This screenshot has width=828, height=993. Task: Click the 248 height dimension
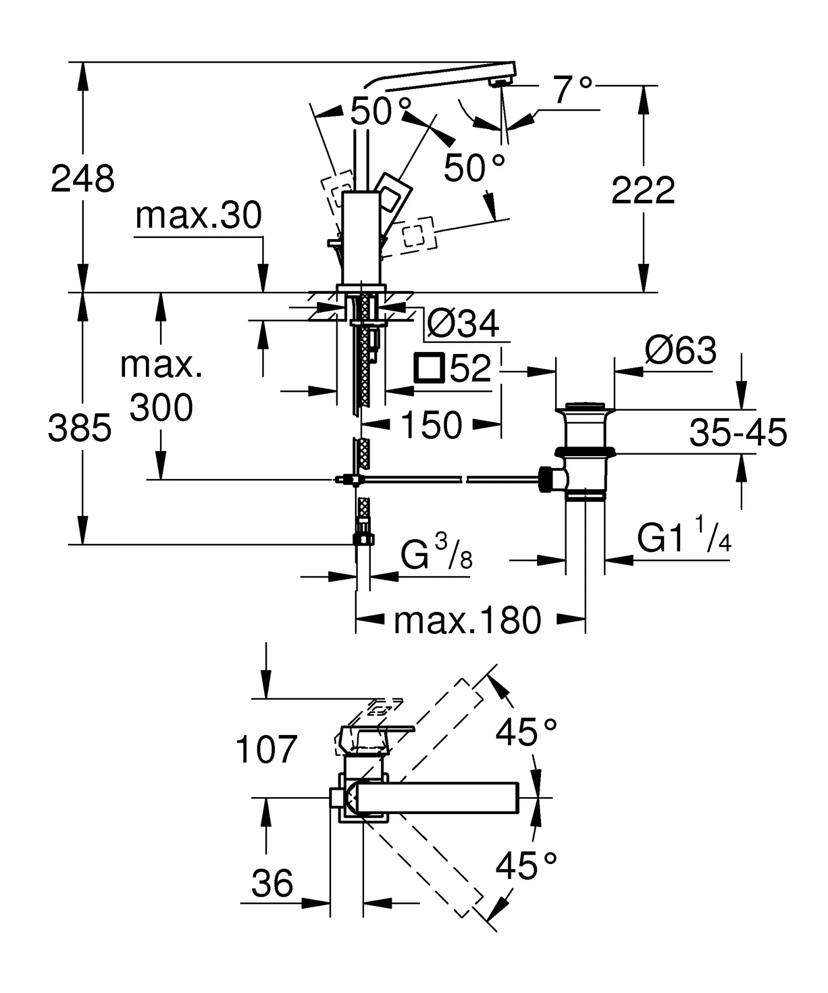(x=82, y=179)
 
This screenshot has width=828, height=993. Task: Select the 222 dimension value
(x=643, y=191)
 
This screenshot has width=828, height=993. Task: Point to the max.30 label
(x=198, y=216)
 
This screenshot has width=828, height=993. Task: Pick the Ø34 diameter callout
(x=463, y=324)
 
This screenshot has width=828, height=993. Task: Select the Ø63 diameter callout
(x=681, y=351)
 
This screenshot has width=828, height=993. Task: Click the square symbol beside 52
(x=429, y=368)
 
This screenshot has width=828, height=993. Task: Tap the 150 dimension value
(x=431, y=425)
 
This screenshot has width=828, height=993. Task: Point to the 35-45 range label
(x=738, y=433)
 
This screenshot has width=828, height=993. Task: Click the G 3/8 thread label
(x=436, y=555)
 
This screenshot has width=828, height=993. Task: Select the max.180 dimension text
(x=467, y=621)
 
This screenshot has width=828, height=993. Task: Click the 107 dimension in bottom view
(x=266, y=750)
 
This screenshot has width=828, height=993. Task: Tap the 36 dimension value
(x=272, y=883)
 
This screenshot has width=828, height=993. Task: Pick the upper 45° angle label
(x=526, y=732)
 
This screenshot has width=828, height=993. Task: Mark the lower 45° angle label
(x=526, y=866)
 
